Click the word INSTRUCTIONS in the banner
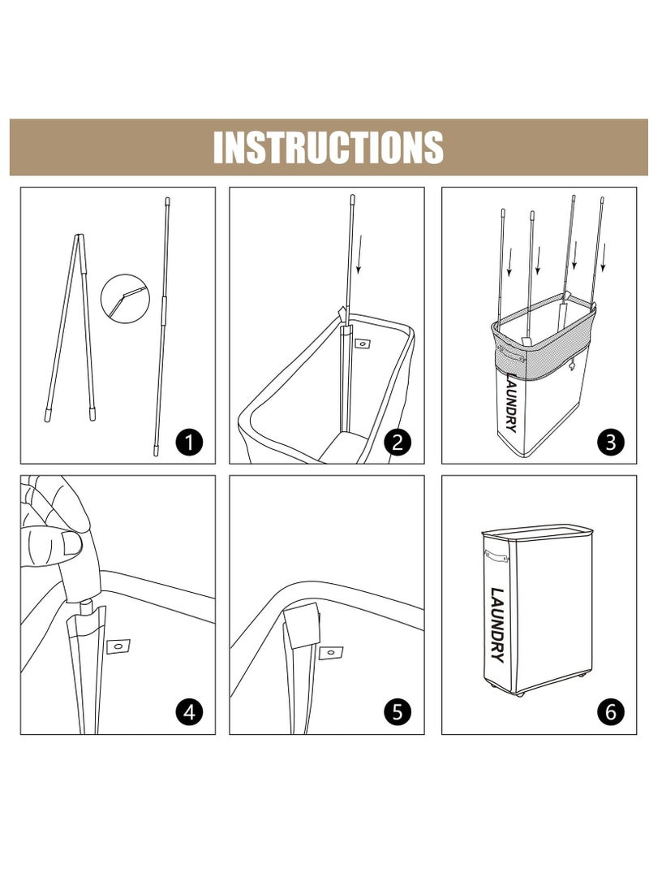(x=328, y=147)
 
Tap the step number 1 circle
(x=189, y=441)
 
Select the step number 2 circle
(x=398, y=441)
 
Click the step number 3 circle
(x=611, y=441)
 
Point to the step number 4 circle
(x=189, y=711)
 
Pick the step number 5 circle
(x=398, y=711)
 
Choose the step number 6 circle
(x=611, y=711)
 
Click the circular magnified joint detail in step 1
(x=125, y=298)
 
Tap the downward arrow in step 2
(x=359, y=253)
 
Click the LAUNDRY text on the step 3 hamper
(x=512, y=402)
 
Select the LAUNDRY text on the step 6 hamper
(x=497, y=625)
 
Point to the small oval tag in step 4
(x=118, y=646)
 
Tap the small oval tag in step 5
(x=331, y=653)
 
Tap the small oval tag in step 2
(x=362, y=343)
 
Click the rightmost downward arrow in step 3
(x=604, y=257)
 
